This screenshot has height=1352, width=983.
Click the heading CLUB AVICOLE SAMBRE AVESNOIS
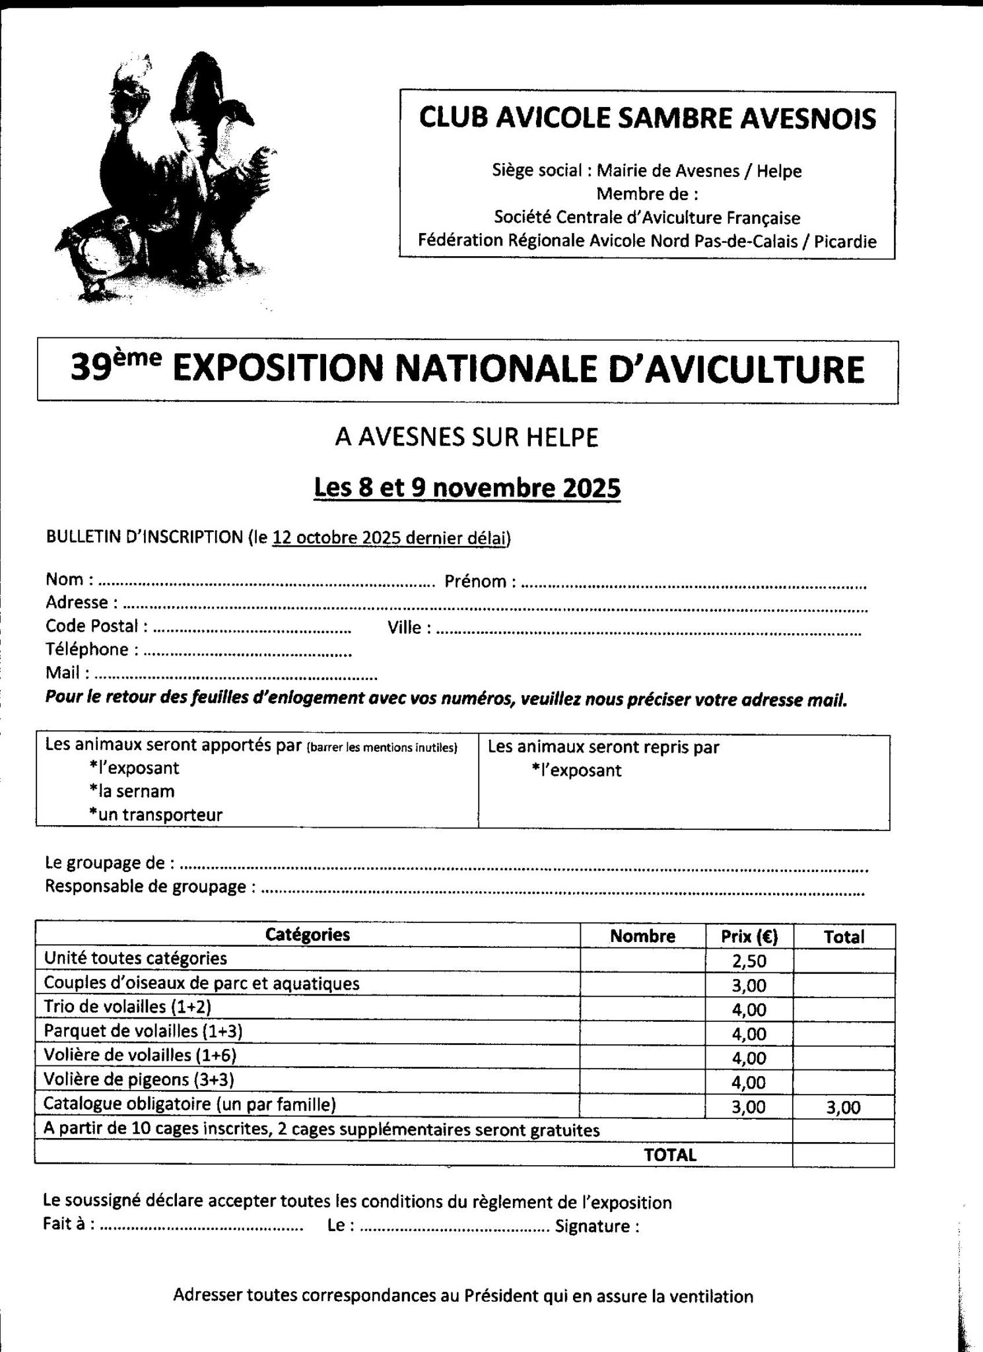[x=648, y=118]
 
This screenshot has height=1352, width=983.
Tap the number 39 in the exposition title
[x=92, y=370]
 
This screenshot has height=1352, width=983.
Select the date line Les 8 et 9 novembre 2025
[x=467, y=488]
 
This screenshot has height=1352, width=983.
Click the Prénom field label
[x=475, y=582]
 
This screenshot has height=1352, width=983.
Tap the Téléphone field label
[x=87, y=650]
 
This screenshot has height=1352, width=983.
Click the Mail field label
[x=63, y=673]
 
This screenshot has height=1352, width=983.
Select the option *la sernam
[x=131, y=791]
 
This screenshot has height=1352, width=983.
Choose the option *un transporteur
[x=155, y=815]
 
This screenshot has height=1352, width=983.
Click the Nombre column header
[x=642, y=936]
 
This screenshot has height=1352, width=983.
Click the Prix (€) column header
[x=749, y=936]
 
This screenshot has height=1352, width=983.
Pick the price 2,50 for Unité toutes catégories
[x=749, y=961]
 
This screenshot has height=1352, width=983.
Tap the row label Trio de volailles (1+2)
[x=127, y=1007]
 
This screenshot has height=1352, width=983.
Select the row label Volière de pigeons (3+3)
[x=139, y=1079]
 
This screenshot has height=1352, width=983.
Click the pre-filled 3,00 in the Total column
[x=843, y=1107]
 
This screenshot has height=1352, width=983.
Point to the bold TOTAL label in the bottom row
[x=670, y=1155]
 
